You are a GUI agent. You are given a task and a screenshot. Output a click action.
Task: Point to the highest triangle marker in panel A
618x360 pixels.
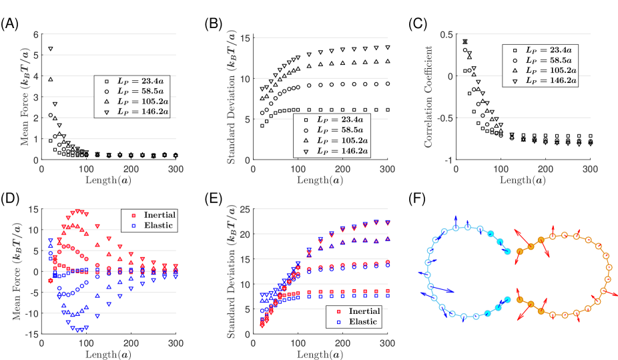(50, 49)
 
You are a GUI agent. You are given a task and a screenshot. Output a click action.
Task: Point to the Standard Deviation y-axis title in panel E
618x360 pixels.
(226, 271)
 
